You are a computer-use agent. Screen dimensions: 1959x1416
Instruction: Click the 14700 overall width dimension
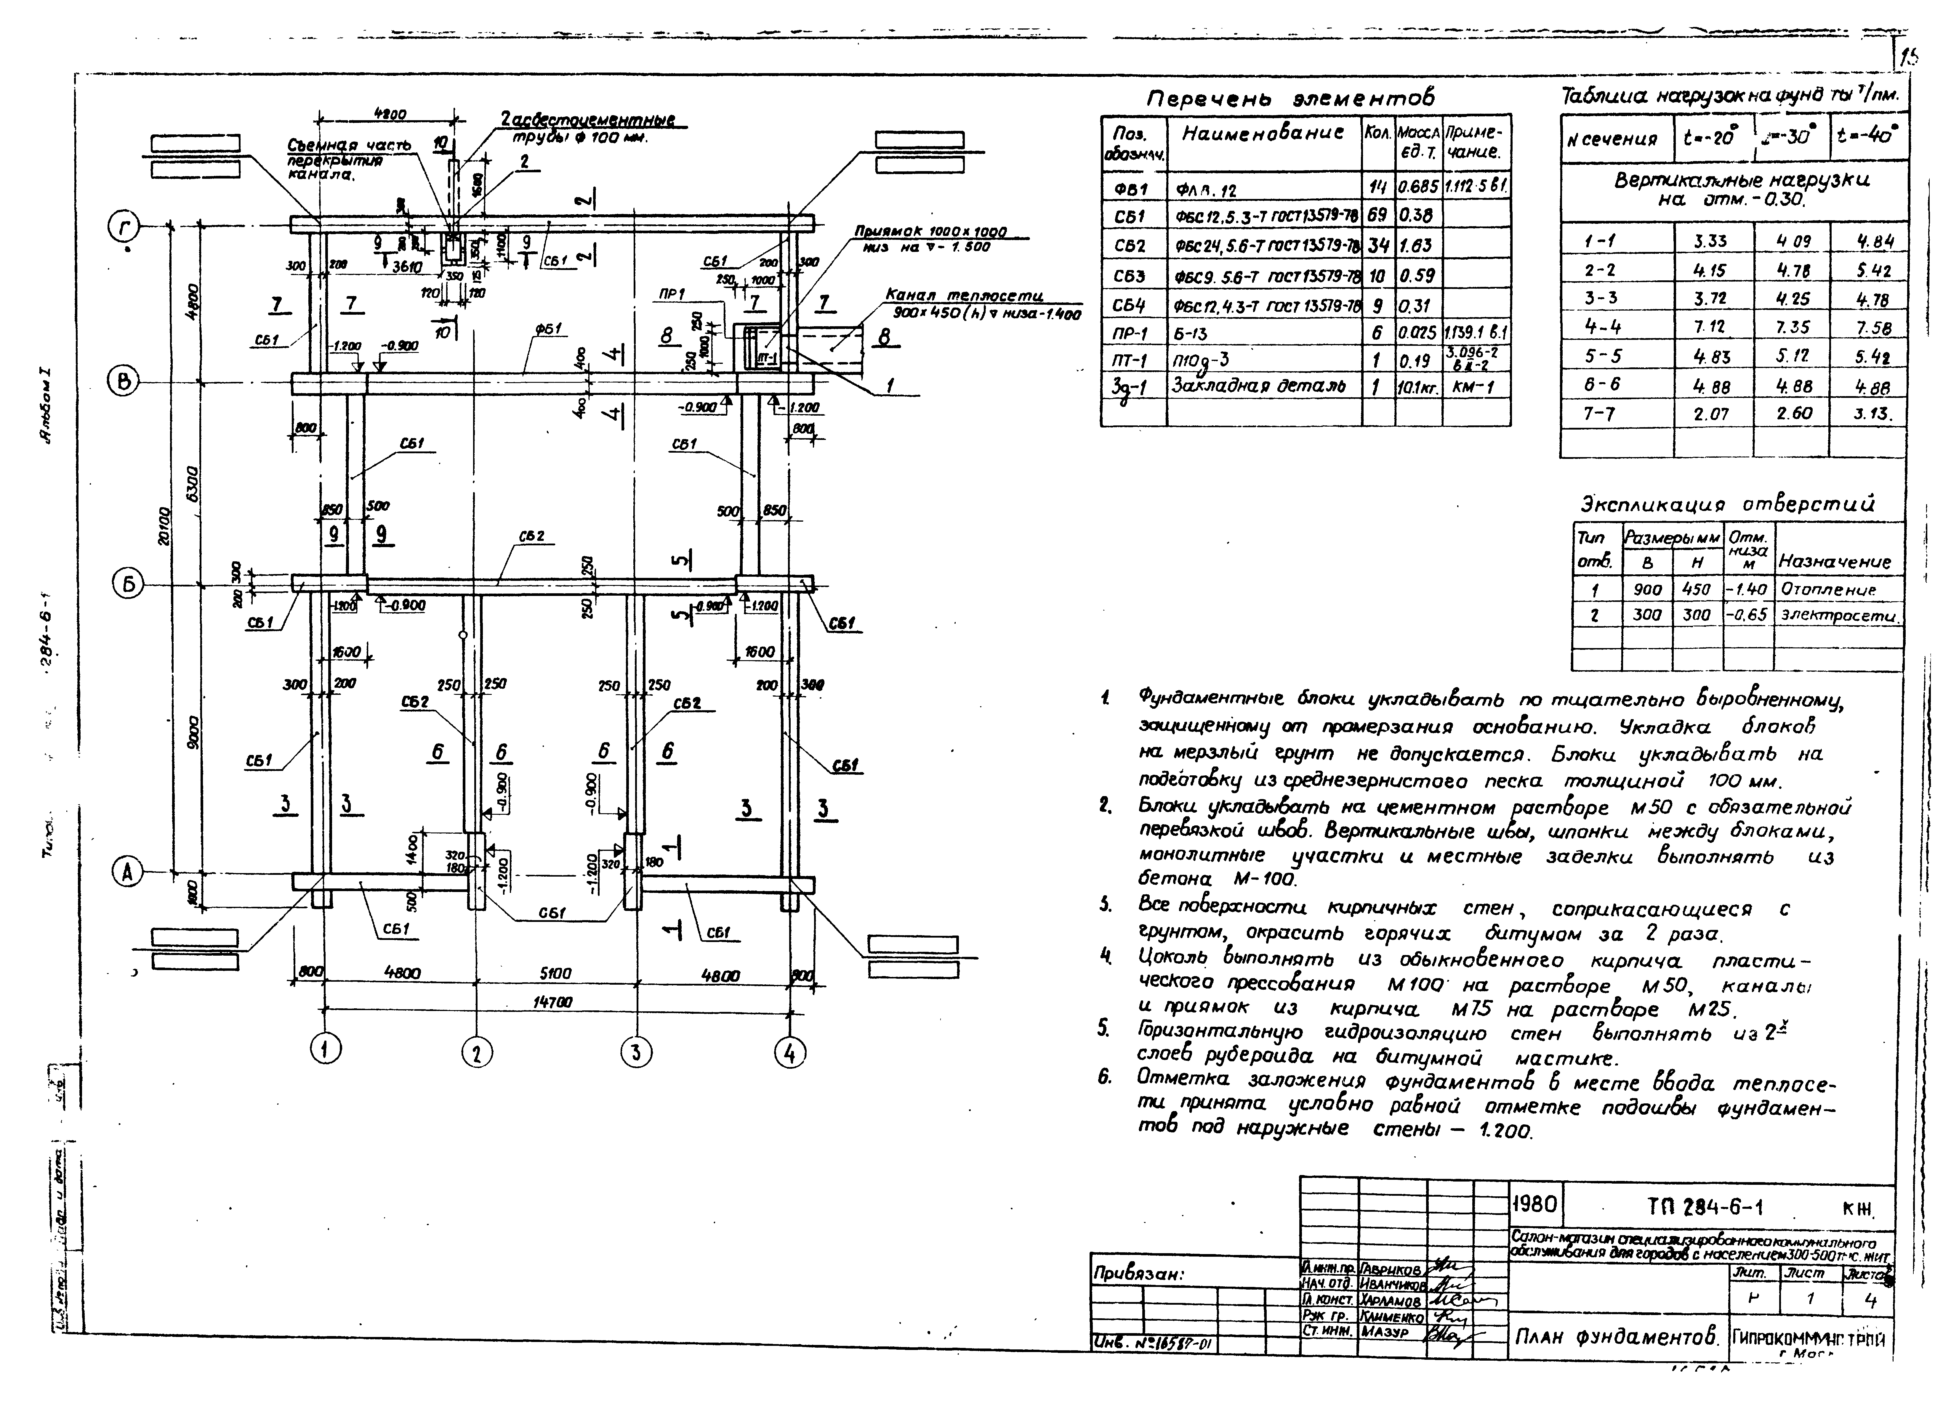[553, 1002]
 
